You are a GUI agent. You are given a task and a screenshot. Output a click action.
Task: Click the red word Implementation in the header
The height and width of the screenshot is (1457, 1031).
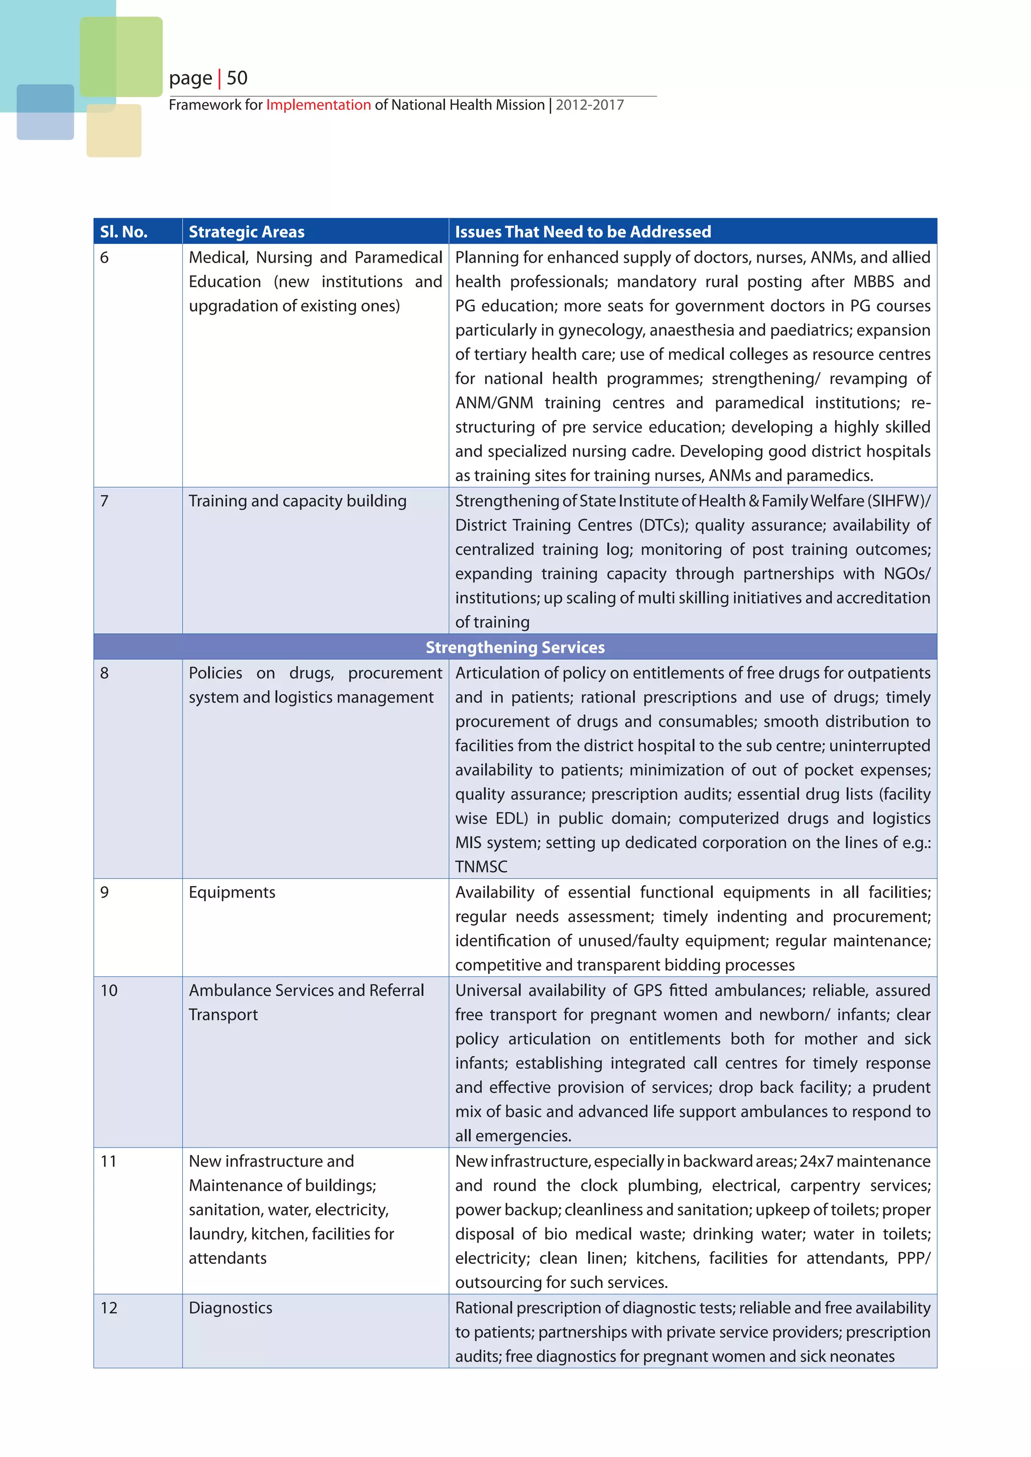click(318, 105)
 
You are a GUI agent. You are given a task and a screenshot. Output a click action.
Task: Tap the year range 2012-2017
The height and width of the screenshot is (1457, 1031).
click(590, 105)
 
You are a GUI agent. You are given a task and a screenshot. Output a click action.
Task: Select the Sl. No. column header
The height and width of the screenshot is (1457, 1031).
click(124, 231)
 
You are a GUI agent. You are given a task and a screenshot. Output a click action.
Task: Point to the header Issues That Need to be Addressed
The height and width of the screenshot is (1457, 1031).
click(583, 231)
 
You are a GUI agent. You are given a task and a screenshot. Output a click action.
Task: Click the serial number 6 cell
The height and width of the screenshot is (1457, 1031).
click(105, 258)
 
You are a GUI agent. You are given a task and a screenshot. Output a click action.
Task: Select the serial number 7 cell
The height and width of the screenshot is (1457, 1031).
click(105, 501)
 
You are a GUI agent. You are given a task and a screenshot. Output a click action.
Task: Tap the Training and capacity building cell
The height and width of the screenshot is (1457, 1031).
click(297, 501)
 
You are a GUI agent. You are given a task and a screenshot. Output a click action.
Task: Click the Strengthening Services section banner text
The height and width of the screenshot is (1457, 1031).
click(515, 647)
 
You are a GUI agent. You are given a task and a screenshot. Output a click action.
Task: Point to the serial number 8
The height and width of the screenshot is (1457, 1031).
click(105, 673)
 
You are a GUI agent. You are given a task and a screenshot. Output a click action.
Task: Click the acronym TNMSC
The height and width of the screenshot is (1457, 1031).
click(481, 867)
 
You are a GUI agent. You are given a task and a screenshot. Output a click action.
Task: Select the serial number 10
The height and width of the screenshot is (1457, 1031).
click(109, 991)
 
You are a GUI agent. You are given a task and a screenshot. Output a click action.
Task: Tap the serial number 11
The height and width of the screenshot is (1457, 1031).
click(109, 1161)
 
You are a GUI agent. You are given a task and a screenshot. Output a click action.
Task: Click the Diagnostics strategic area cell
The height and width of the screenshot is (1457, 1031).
click(231, 1308)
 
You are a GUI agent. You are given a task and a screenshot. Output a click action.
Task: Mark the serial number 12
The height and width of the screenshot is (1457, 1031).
click(109, 1308)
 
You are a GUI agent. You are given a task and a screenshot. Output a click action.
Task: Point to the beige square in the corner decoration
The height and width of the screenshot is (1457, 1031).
click(114, 131)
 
